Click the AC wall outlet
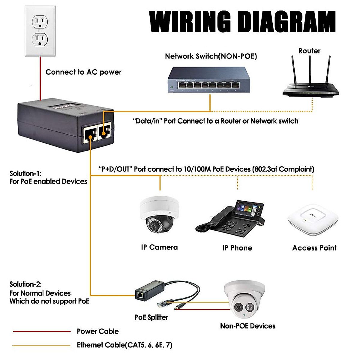pyautogui.click(x=40, y=31)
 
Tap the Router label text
pyautogui.click(x=309, y=51)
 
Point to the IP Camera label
pyautogui.click(x=159, y=247)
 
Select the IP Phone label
pyautogui.click(x=237, y=248)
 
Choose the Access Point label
pyautogui.click(x=314, y=248)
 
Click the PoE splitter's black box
pyautogui.click(x=149, y=291)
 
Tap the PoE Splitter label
pyautogui.click(x=151, y=317)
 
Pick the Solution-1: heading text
pyautogui.click(x=25, y=173)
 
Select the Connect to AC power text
pyautogui.click(x=83, y=72)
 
